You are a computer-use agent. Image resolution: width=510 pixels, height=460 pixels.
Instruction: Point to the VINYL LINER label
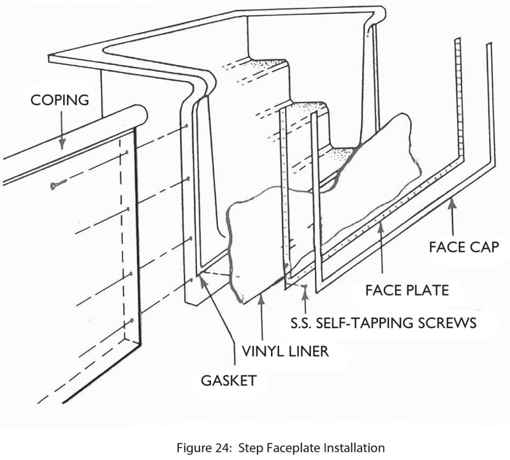285,350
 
